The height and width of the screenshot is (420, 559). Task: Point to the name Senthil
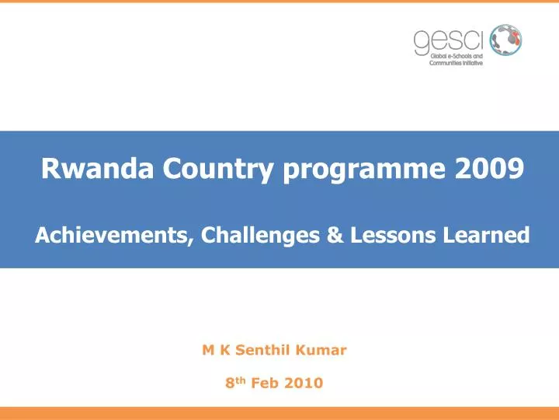[x=262, y=350]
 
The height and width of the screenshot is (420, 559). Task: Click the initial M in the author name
[x=207, y=350]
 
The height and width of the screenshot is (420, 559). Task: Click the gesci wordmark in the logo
[x=437, y=40]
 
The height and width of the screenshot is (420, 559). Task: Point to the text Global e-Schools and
[x=456, y=56]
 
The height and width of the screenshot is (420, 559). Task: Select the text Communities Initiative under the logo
[x=456, y=63]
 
